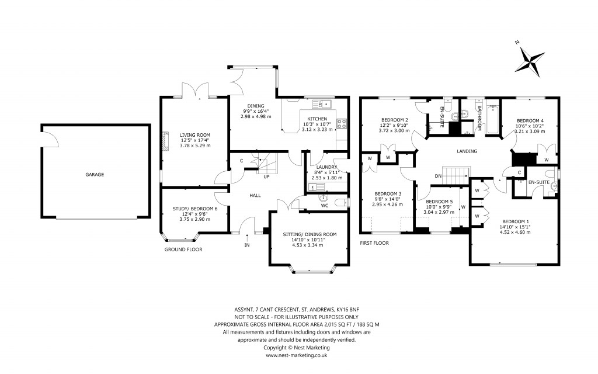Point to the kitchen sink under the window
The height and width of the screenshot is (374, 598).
pos(322,105)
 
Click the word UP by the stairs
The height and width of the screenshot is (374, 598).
pos(266,176)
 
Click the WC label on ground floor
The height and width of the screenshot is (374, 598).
pos(324,205)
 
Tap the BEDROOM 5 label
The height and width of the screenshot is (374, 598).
pos(439,200)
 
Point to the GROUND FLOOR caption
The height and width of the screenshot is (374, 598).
pos(183,249)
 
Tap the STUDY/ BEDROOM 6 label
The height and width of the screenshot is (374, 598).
pos(194,209)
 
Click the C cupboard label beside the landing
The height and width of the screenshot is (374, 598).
pos(519,172)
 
